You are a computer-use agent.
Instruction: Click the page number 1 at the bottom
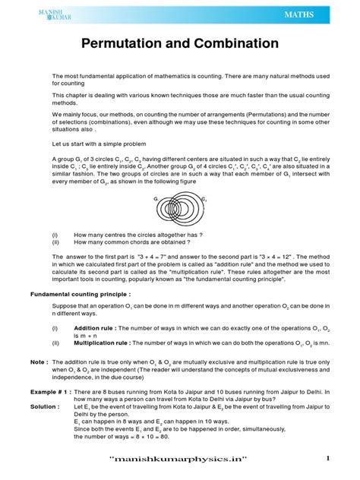[x=328, y=458]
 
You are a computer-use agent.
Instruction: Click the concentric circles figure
[x=180, y=211]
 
